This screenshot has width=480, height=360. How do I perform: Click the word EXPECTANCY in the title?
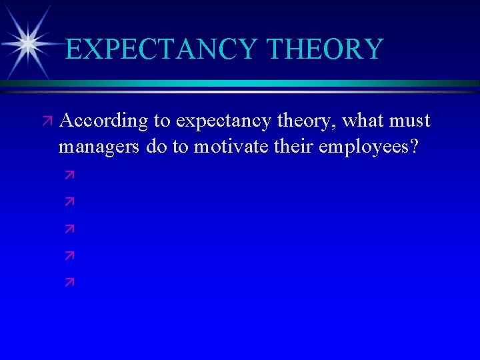click(162, 49)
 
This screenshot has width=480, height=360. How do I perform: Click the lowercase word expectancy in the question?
click(221, 122)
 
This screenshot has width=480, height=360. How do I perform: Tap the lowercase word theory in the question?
click(299, 122)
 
